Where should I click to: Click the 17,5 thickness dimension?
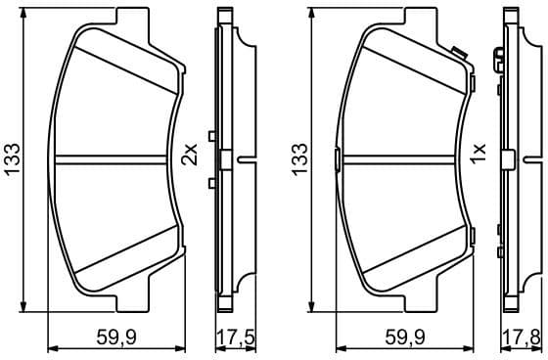234,337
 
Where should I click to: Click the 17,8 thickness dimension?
522,337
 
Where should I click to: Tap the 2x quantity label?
190,154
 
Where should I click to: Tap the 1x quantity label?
478,154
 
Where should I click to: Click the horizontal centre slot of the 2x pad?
115,157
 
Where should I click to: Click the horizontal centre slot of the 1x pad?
403,157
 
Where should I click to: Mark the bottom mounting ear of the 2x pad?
133,296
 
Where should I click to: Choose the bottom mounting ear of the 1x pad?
421,296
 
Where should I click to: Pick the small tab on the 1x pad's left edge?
337,158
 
